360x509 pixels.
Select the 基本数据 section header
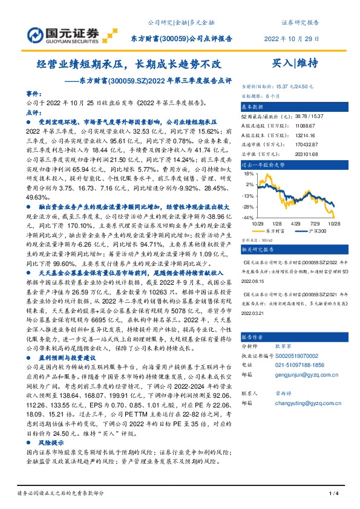pos(254,105)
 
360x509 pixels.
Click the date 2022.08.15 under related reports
pos(254,281)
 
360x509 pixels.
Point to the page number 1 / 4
pos(333,494)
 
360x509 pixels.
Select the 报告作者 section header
pos(254,337)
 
